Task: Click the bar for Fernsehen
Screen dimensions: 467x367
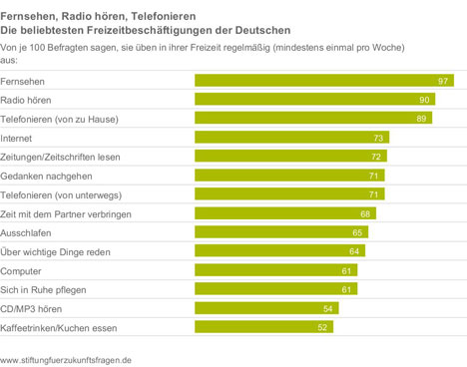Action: tap(324, 81)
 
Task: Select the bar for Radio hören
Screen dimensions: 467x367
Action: tap(315, 99)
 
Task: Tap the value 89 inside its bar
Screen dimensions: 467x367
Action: tap(421, 119)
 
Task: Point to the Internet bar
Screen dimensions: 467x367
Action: tap(292, 137)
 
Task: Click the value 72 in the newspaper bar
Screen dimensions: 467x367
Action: tap(376, 157)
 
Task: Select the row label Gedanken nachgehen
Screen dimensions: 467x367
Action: tap(46, 177)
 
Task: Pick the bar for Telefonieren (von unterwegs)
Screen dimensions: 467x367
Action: tap(289, 193)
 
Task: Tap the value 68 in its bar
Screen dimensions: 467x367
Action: tap(365, 213)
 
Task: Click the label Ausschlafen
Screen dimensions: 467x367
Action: tap(26, 233)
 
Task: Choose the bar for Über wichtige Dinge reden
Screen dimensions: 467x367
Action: tap(280, 250)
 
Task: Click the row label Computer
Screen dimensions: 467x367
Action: tap(21, 271)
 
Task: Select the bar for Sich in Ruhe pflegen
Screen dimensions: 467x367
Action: tap(276, 288)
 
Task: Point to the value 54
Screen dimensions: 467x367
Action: tap(327, 309)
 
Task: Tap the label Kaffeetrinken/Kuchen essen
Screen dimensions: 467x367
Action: tap(59, 328)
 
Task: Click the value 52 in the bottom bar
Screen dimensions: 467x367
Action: tap(322, 327)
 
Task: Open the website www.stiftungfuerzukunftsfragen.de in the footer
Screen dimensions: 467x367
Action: tap(66, 360)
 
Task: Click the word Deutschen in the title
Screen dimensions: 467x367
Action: tap(262, 30)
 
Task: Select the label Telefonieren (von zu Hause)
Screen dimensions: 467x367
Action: tap(59, 120)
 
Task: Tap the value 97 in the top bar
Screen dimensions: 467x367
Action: tap(443, 81)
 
